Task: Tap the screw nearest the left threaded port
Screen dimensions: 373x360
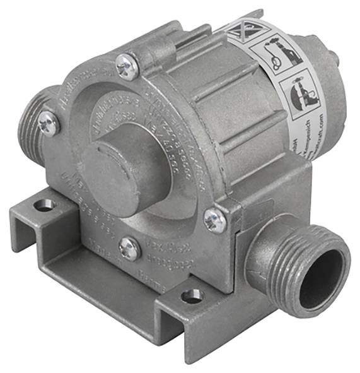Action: coord(48,123)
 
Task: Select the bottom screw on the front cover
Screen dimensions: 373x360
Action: coord(130,248)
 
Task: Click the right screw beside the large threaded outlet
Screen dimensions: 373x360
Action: coord(214,220)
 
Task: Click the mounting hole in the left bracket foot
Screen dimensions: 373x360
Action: coord(44,205)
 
